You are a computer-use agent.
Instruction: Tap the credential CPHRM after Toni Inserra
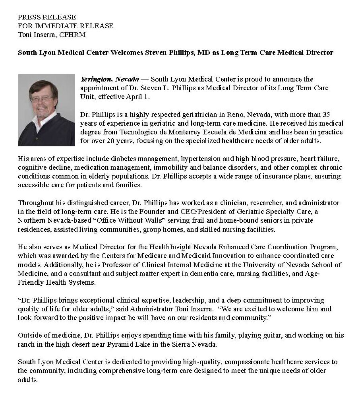pyautogui.click(x=74, y=35)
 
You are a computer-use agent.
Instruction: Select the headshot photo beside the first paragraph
pyautogui.click(x=46, y=110)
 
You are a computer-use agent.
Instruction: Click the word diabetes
pyautogui.click(x=115, y=159)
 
